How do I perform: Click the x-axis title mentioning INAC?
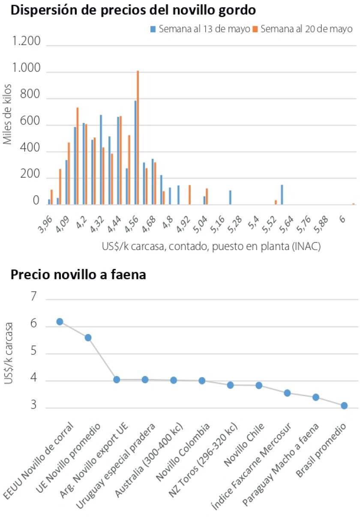[x=211, y=247]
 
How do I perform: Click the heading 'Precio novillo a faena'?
[x=78, y=274]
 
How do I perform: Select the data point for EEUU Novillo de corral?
[x=60, y=322]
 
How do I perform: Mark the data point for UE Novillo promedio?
[x=88, y=337]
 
